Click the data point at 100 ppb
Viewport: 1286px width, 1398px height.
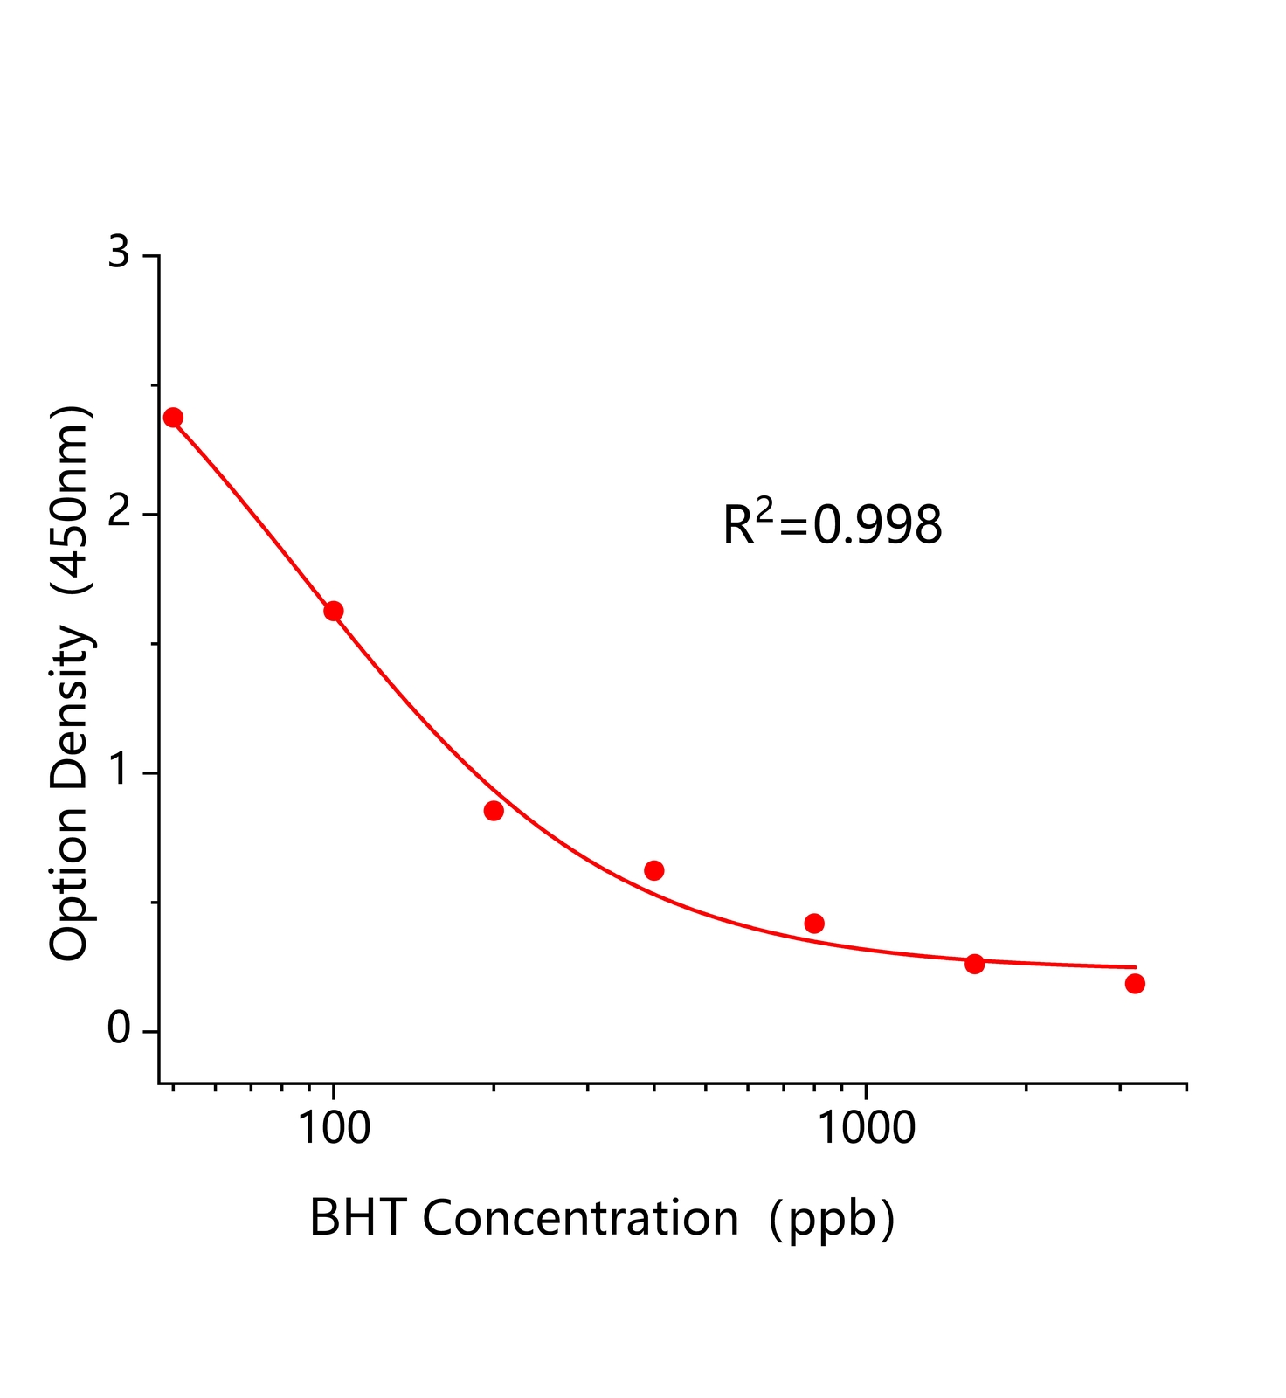pyautogui.click(x=333, y=611)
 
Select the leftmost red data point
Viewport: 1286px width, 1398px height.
pyautogui.click(x=173, y=417)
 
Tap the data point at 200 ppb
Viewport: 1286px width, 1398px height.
pyautogui.click(x=494, y=811)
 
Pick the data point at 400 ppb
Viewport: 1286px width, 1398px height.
pyautogui.click(x=653, y=870)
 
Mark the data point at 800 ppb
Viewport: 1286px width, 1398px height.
pyautogui.click(x=814, y=924)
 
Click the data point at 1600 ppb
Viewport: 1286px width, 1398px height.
pyautogui.click(x=975, y=964)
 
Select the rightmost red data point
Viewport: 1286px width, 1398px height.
pyautogui.click(x=1135, y=984)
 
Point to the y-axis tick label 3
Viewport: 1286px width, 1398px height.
pyautogui.click(x=118, y=254)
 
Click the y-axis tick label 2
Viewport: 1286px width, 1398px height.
pyautogui.click(x=118, y=513)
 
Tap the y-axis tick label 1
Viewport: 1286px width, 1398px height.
pyautogui.click(x=118, y=772)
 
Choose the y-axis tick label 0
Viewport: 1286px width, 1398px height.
pyautogui.click(x=118, y=1030)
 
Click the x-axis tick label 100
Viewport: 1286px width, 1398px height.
pyautogui.click(x=334, y=1128)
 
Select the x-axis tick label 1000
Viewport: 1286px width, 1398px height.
pyautogui.click(x=865, y=1128)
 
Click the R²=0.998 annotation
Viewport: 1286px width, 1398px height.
pyautogui.click(x=833, y=524)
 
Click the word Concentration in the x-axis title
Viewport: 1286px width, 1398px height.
pyautogui.click(x=580, y=1218)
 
